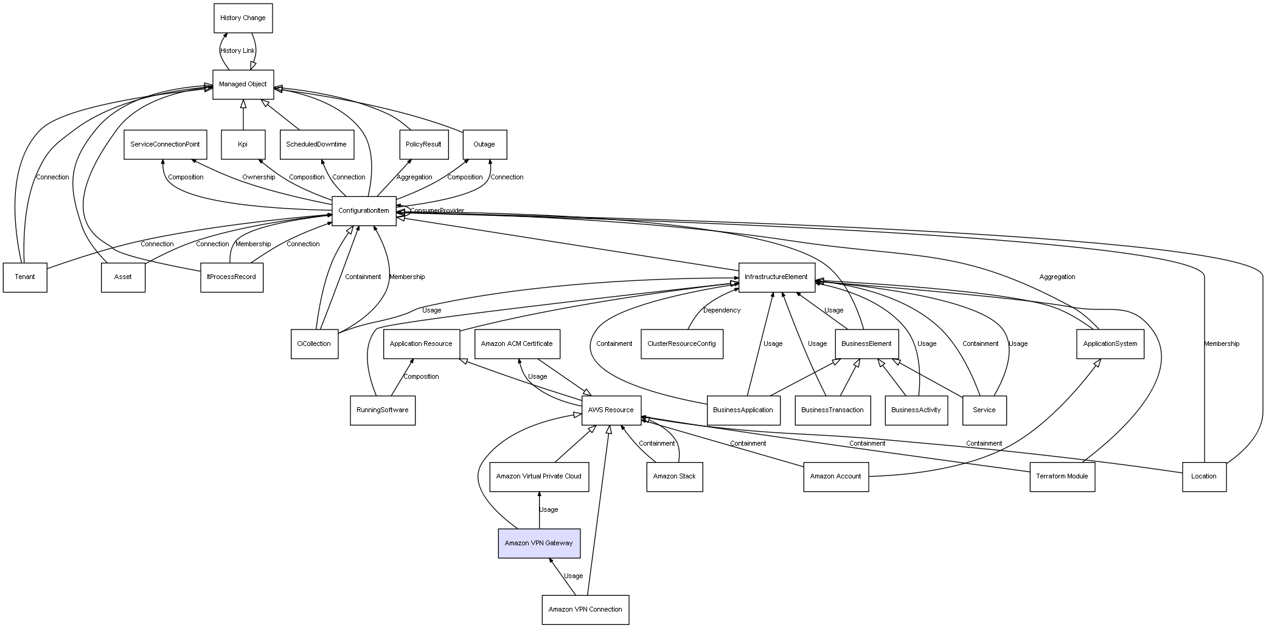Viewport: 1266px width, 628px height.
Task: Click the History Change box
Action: point(243,18)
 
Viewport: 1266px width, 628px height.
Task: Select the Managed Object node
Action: point(243,85)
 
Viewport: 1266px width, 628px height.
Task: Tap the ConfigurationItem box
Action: point(364,211)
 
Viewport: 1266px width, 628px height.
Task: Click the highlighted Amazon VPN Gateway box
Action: point(538,543)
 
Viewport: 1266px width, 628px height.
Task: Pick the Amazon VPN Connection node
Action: point(585,609)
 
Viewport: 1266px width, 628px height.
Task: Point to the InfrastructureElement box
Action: point(776,277)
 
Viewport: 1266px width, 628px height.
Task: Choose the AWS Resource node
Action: point(611,410)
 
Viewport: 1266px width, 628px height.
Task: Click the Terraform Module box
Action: point(1062,476)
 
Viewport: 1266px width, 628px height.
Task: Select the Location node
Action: point(1203,476)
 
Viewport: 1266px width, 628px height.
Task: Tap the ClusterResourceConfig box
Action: point(681,343)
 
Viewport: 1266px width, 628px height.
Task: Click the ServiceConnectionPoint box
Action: point(165,145)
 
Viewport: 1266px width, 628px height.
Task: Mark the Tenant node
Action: point(25,277)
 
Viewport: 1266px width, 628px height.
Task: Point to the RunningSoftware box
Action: point(382,410)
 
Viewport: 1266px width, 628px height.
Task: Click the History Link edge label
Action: point(237,51)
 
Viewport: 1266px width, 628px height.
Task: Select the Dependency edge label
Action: point(722,310)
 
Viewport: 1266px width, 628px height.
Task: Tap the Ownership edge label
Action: point(259,178)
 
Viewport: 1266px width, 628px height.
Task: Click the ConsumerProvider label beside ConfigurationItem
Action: point(437,211)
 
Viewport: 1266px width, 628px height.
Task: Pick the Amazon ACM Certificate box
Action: point(516,343)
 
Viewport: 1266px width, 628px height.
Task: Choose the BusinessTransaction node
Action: point(832,410)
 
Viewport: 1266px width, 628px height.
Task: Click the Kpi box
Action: point(243,145)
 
